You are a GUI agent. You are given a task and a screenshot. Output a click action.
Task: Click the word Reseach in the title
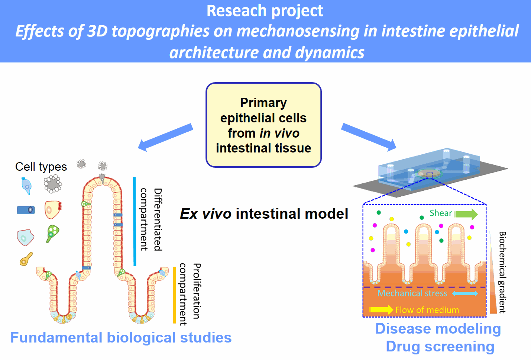[x=233, y=11]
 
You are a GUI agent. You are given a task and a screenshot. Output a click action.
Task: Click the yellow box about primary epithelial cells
[x=263, y=125]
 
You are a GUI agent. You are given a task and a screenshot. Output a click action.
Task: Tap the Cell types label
[x=41, y=167]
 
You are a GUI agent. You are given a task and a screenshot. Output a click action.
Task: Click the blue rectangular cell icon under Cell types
[x=26, y=210]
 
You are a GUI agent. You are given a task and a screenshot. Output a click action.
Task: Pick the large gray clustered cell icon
[x=53, y=184]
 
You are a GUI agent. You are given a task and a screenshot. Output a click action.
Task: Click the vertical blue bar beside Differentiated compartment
[x=135, y=221]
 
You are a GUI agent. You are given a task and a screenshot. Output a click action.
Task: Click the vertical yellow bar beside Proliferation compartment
[x=174, y=295]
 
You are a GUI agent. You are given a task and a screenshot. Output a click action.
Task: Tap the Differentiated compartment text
[x=151, y=219]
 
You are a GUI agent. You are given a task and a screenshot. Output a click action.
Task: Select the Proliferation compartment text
[x=190, y=294]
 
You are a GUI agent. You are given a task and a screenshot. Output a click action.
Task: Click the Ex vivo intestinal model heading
[x=264, y=214]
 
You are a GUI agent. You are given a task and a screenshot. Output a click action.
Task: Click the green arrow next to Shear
[x=466, y=214]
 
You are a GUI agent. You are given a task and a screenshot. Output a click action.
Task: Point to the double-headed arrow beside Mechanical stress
[x=465, y=294]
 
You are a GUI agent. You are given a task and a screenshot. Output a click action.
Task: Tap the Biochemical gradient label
[x=502, y=272]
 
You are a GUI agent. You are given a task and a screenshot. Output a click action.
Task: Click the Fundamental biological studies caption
[x=121, y=338]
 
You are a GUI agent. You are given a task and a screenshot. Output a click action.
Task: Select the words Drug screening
[x=440, y=347]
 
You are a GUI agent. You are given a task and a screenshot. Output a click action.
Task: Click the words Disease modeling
[x=438, y=329]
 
